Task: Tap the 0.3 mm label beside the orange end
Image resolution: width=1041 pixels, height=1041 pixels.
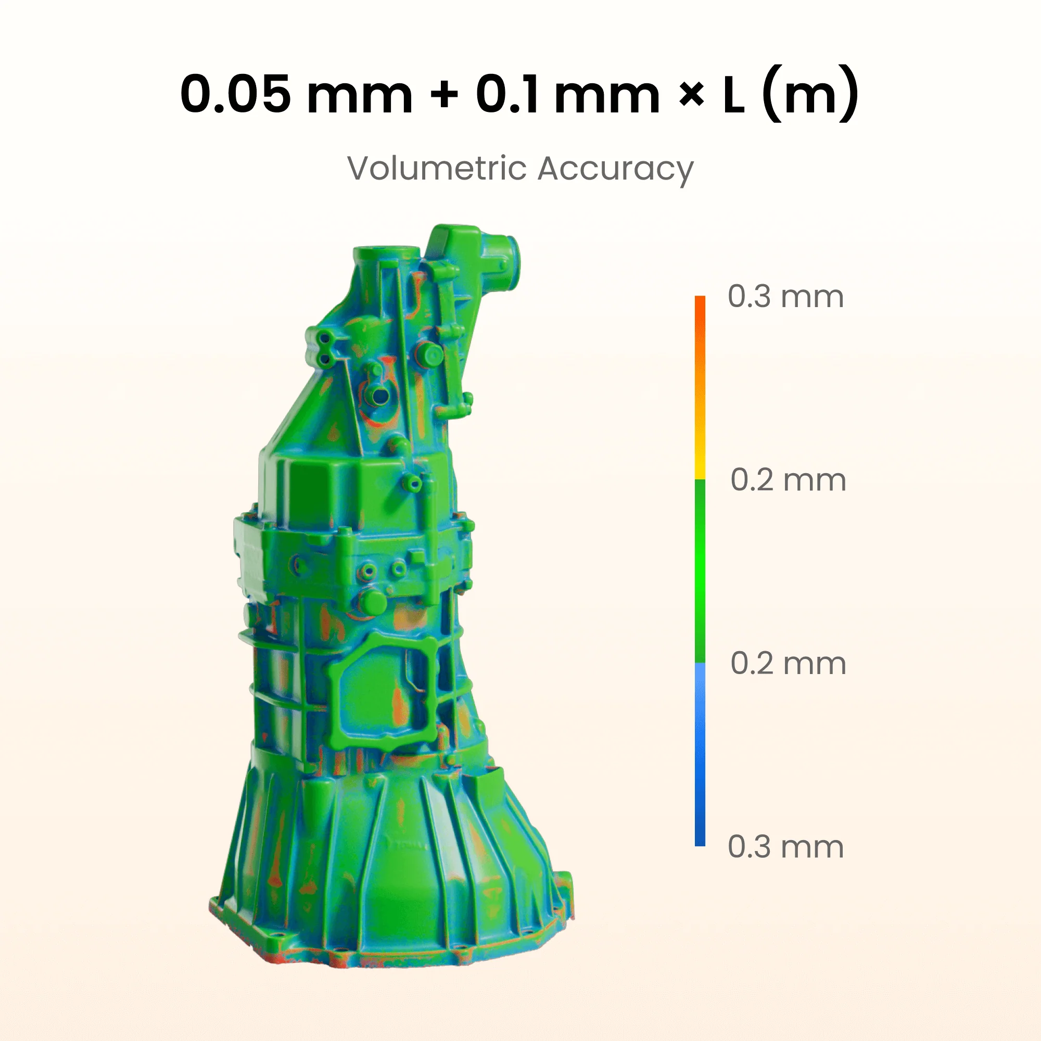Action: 785,296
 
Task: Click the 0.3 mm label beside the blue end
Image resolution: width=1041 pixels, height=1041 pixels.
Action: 785,846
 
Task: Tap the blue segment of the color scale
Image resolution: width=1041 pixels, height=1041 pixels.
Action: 700,754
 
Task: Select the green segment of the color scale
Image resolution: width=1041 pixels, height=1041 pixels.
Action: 700,571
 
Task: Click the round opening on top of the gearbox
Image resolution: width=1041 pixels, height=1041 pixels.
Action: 386,252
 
